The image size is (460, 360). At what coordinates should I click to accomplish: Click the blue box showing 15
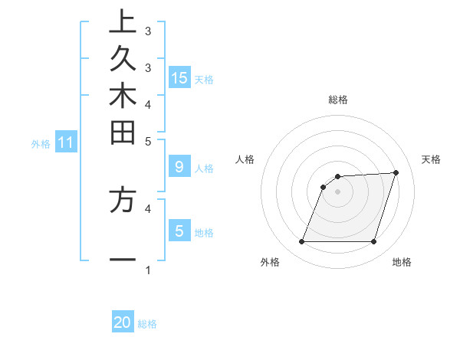179,77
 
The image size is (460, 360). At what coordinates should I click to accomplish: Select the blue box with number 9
179,166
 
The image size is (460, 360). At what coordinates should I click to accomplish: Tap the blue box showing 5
179,230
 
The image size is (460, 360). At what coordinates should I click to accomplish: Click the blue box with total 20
123,322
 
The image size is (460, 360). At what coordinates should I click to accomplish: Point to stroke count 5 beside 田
148,141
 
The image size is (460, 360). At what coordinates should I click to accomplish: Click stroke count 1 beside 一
148,270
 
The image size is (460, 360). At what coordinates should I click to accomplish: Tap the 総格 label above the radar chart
337,100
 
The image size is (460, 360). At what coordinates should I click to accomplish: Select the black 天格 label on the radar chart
431,159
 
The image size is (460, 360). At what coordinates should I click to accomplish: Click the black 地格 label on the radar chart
402,262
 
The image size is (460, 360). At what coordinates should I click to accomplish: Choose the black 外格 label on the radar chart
270,262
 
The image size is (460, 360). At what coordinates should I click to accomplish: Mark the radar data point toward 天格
396,172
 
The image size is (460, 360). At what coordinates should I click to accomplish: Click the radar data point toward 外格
301,242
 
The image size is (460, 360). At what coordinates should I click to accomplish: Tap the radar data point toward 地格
373,242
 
